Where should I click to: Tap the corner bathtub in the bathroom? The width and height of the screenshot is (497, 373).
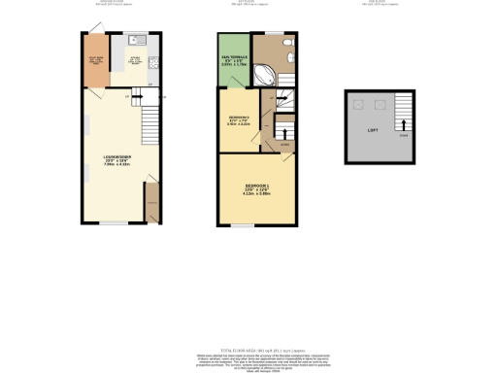(263, 73)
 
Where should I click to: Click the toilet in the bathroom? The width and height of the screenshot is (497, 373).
(287, 45)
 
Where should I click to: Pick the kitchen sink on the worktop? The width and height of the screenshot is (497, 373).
(135, 42)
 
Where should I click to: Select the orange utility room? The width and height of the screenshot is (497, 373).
(95, 60)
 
